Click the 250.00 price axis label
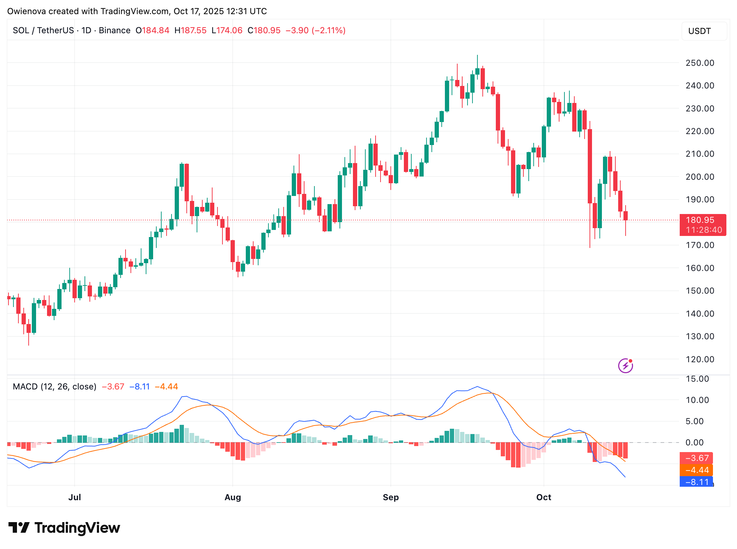pyautogui.click(x=700, y=63)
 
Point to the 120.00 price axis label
pyautogui.click(x=700, y=359)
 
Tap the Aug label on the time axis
pyautogui.click(x=233, y=497)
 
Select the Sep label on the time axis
pyautogui.click(x=390, y=497)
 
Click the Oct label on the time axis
pyautogui.click(x=544, y=497)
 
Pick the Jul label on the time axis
pyautogui.click(x=75, y=497)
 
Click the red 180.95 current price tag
pyautogui.click(x=702, y=225)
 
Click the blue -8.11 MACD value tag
pyautogui.click(x=696, y=482)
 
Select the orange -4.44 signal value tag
pyautogui.click(x=696, y=470)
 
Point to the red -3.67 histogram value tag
pyautogui.click(x=696, y=458)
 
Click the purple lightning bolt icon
pyautogui.click(x=625, y=366)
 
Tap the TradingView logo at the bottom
pyautogui.click(x=64, y=528)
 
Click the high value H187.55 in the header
pyautogui.click(x=190, y=30)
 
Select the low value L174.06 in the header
pyautogui.click(x=227, y=30)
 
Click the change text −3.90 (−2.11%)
pyautogui.click(x=315, y=30)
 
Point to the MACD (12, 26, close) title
pyautogui.click(x=54, y=387)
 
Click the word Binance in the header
pyautogui.click(x=115, y=30)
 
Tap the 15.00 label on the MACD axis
pyautogui.click(x=697, y=379)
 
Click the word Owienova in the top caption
pyautogui.click(x=27, y=11)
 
